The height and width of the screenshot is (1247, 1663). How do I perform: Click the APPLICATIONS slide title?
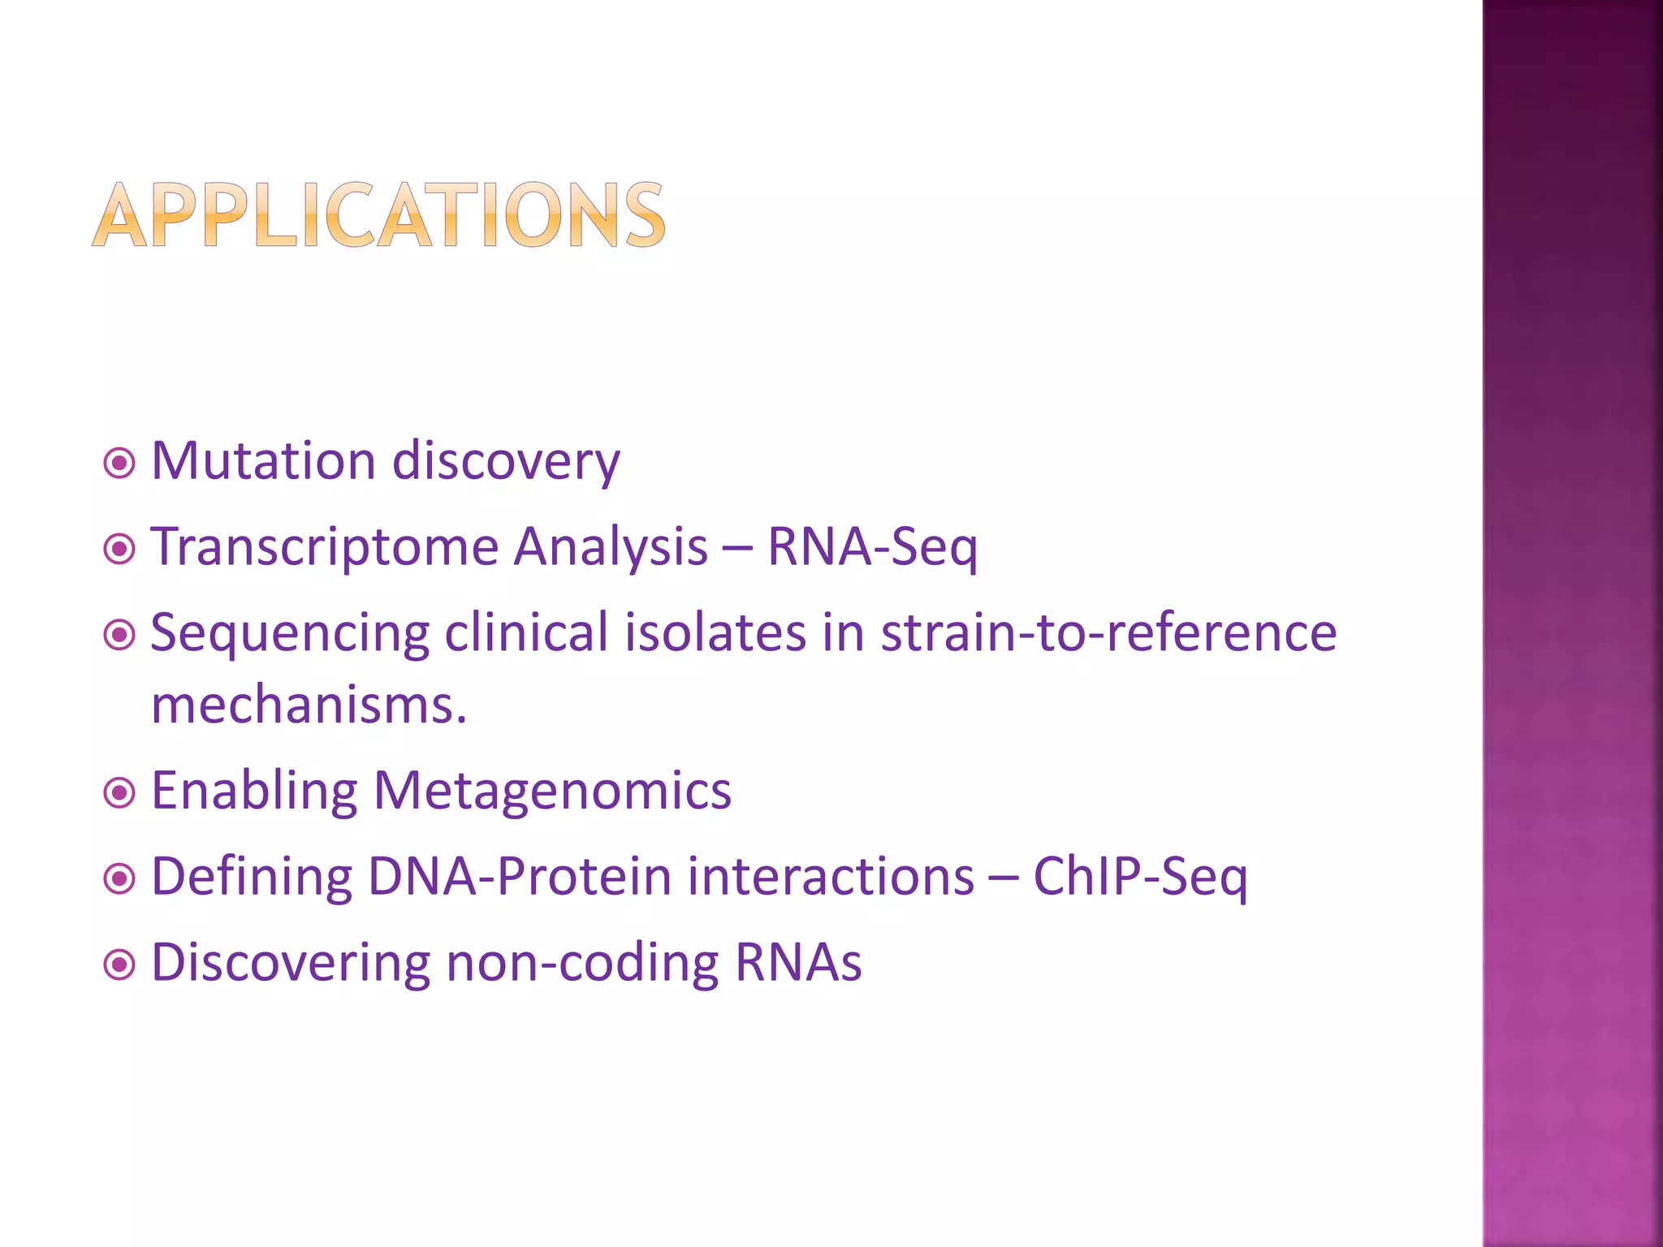[379, 214]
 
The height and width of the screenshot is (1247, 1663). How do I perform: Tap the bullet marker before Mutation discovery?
[119, 464]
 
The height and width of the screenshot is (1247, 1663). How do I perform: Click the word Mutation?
[263, 461]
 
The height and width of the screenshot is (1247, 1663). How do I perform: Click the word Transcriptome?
[324, 546]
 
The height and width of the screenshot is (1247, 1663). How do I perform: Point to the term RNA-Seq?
[872, 546]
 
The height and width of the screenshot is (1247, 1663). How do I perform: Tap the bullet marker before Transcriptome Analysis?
[119, 550]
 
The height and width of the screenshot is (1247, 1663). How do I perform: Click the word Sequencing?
[290, 634]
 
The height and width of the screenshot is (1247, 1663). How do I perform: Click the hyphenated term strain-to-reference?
[1108, 632]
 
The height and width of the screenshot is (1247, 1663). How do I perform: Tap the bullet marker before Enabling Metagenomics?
[119, 792]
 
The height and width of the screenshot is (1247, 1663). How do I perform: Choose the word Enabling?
[254, 791]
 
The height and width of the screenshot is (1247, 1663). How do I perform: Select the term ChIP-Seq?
[1140, 878]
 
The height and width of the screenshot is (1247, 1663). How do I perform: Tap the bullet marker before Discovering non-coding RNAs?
[119, 964]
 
